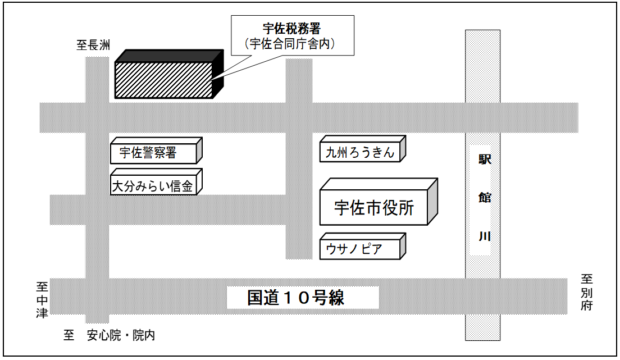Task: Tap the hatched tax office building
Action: coord(163,80)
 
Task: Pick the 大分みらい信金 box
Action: coord(153,186)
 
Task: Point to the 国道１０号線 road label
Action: coord(296,298)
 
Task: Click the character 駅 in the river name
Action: coord(484,160)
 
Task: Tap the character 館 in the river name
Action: coord(484,198)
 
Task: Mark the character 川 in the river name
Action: coord(484,236)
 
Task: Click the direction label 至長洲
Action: coord(93,45)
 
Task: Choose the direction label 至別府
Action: coord(587,292)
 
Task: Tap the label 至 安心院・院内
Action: coord(109,336)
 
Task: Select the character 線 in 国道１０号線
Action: coord(335,298)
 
